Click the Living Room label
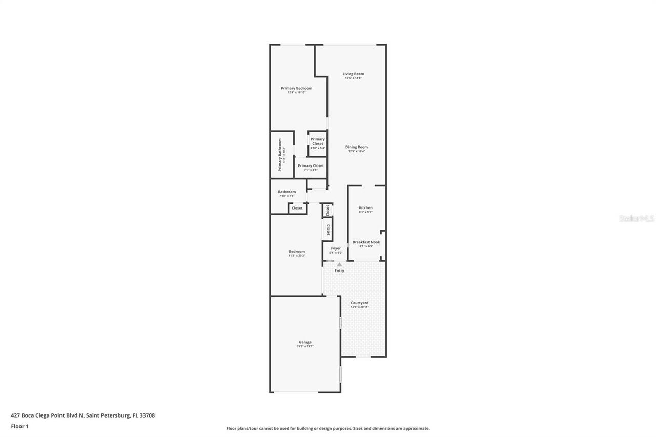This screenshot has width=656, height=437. [353, 74]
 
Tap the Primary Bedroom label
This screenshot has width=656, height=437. [296, 89]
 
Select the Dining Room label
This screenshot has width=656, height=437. [356, 148]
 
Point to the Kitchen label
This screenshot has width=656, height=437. [365, 208]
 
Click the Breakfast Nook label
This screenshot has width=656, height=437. [366, 242]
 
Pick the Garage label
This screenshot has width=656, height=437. [305, 342]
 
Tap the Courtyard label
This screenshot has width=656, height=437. [359, 303]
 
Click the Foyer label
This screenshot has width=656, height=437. [335, 248]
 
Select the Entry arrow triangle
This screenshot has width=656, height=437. [339, 264]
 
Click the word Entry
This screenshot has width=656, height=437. [339, 270]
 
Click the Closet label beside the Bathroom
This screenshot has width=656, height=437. [297, 208]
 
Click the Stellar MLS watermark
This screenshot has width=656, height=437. [637, 218]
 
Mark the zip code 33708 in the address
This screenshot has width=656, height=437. [146, 415]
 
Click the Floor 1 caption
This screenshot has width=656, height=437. [19, 426]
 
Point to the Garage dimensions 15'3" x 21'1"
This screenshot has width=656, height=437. [305, 346]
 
